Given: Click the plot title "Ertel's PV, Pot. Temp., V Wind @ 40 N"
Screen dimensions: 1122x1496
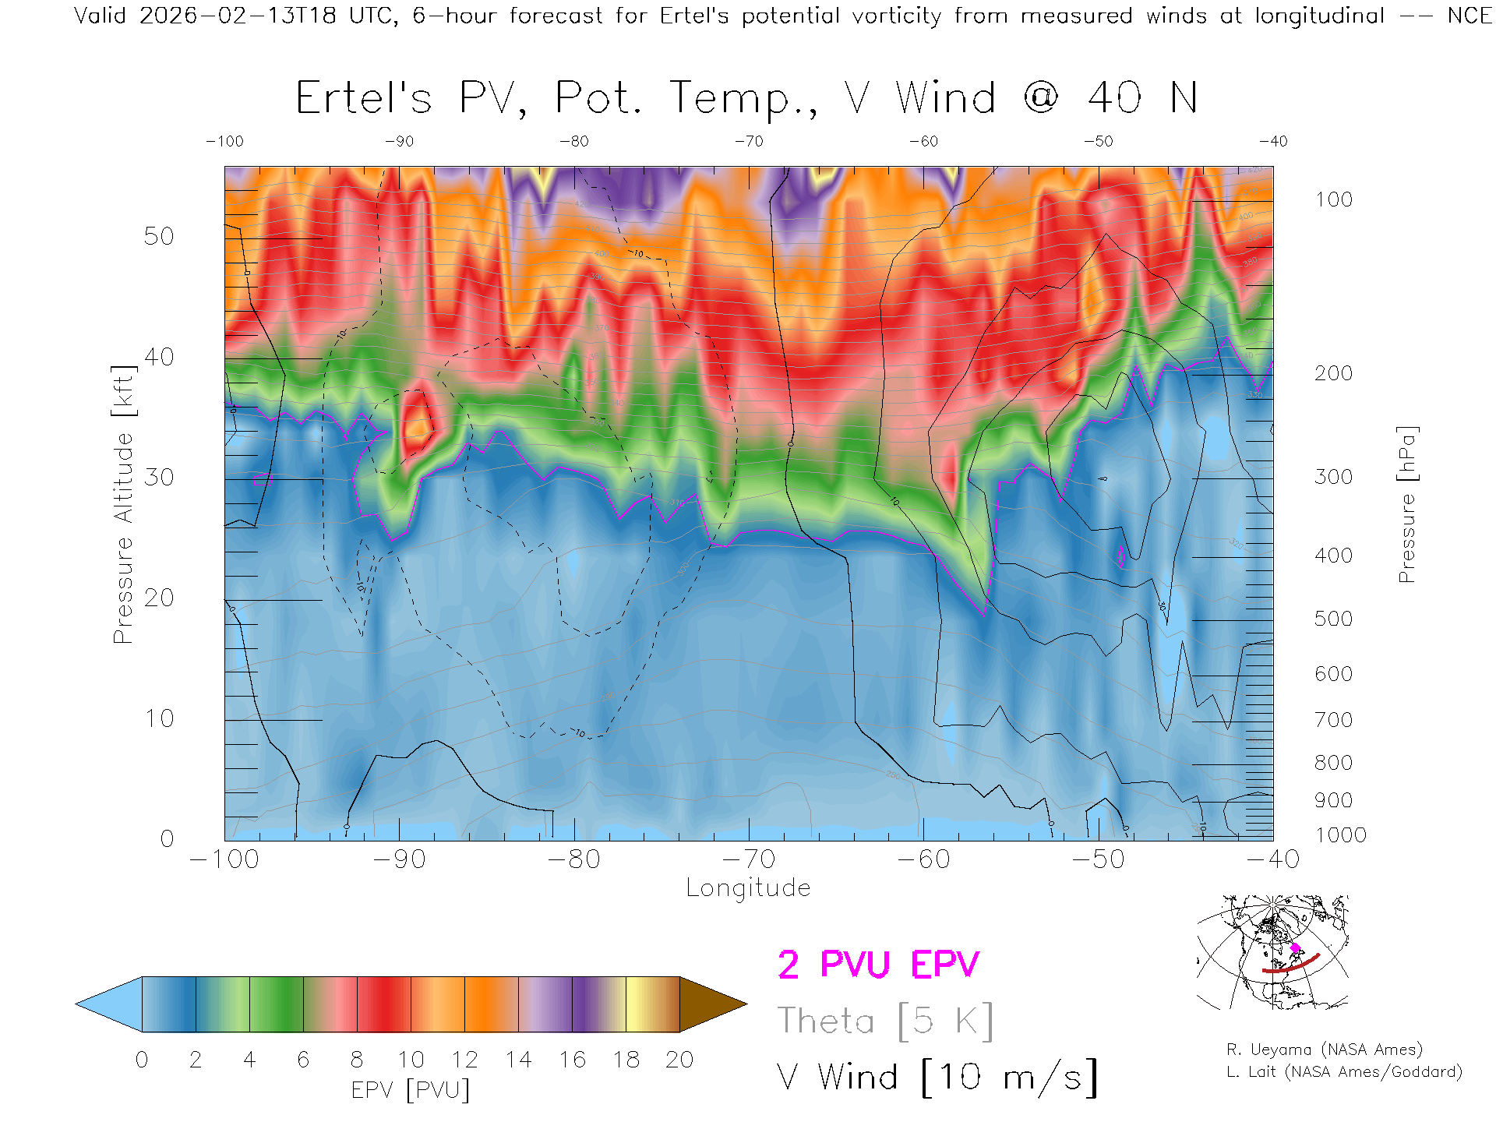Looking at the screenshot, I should pos(746,99).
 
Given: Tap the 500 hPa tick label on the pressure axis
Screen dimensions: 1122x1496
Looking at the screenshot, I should pos(1333,619).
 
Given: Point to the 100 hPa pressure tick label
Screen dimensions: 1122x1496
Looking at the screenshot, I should pos(1333,199).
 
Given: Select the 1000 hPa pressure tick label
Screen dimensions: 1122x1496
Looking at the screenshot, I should pos(1340,835).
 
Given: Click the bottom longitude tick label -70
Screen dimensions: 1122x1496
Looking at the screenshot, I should pos(749,859).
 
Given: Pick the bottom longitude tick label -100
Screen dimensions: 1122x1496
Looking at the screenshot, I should pos(224,859).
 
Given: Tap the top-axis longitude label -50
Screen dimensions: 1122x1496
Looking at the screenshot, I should pos(1099,142).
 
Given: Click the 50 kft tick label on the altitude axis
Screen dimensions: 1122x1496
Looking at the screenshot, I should pos(158,236).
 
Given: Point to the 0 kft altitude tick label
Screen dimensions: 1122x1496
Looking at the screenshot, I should pos(167,838).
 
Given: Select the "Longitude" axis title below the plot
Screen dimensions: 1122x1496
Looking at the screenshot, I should pos(748,888).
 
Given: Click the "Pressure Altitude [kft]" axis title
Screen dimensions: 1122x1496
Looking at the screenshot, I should pos(123,504).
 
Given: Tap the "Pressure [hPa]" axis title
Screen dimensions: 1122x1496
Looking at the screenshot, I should pos(1407,504).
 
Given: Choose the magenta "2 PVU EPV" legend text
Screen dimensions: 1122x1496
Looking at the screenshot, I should pos(878,965).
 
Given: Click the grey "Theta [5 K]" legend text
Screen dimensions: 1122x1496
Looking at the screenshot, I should pos(885,1021).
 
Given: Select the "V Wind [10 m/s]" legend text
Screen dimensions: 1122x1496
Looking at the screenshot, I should pos(937,1078).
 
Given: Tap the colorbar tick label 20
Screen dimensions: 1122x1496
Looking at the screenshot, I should pos(679,1060).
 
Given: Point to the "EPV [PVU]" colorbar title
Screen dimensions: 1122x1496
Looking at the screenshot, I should pos(411,1090).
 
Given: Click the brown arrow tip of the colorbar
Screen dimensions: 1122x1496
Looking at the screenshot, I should pos(713,1004).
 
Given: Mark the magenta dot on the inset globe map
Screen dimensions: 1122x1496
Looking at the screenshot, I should pos(1295,948).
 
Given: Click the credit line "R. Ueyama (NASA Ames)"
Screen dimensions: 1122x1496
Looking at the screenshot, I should pos(1324,1050).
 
